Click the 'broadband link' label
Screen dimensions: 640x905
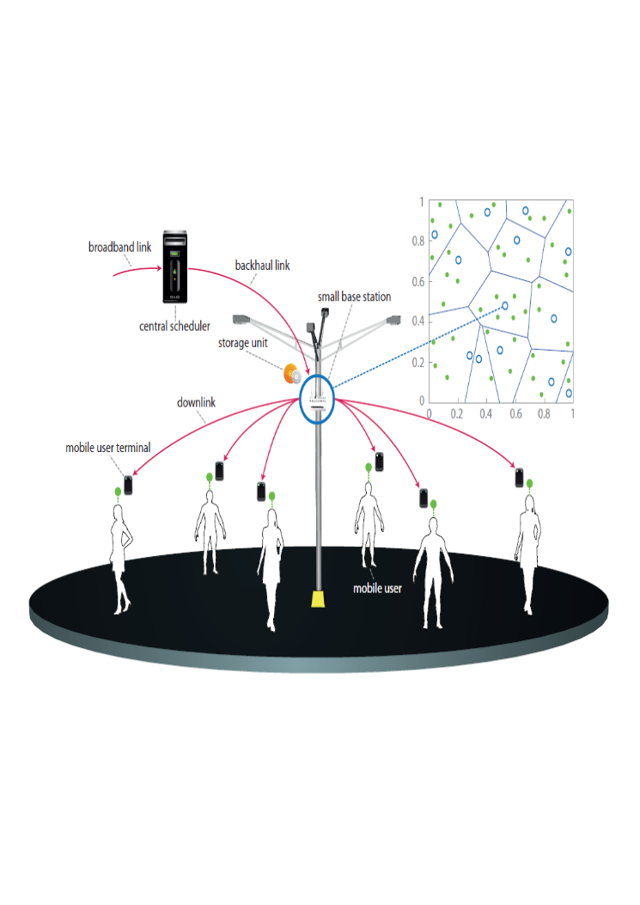click(x=119, y=247)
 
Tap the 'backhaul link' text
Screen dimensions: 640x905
click(x=262, y=266)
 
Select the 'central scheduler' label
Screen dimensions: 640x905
click(x=174, y=326)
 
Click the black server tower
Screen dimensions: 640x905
click(x=175, y=266)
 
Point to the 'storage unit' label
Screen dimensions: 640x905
click(x=242, y=343)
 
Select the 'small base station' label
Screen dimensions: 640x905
click(x=354, y=297)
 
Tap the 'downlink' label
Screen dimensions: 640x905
click(x=196, y=402)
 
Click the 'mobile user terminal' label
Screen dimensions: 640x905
click(x=108, y=448)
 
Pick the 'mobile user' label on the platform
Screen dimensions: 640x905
click(x=377, y=588)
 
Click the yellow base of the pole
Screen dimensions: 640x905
click(x=318, y=599)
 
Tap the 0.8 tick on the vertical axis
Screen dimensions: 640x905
click(x=418, y=241)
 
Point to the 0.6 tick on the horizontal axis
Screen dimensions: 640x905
click(x=515, y=414)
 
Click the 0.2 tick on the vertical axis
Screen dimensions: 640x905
click(x=418, y=363)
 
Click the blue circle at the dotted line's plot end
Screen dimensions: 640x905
click(x=505, y=306)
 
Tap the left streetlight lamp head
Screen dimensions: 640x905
click(x=240, y=319)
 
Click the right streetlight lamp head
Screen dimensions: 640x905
click(x=393, y=319)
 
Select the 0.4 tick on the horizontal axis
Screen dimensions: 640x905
click(x=486, y=414)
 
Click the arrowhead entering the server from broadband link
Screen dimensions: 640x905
click(x=159, y=268)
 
